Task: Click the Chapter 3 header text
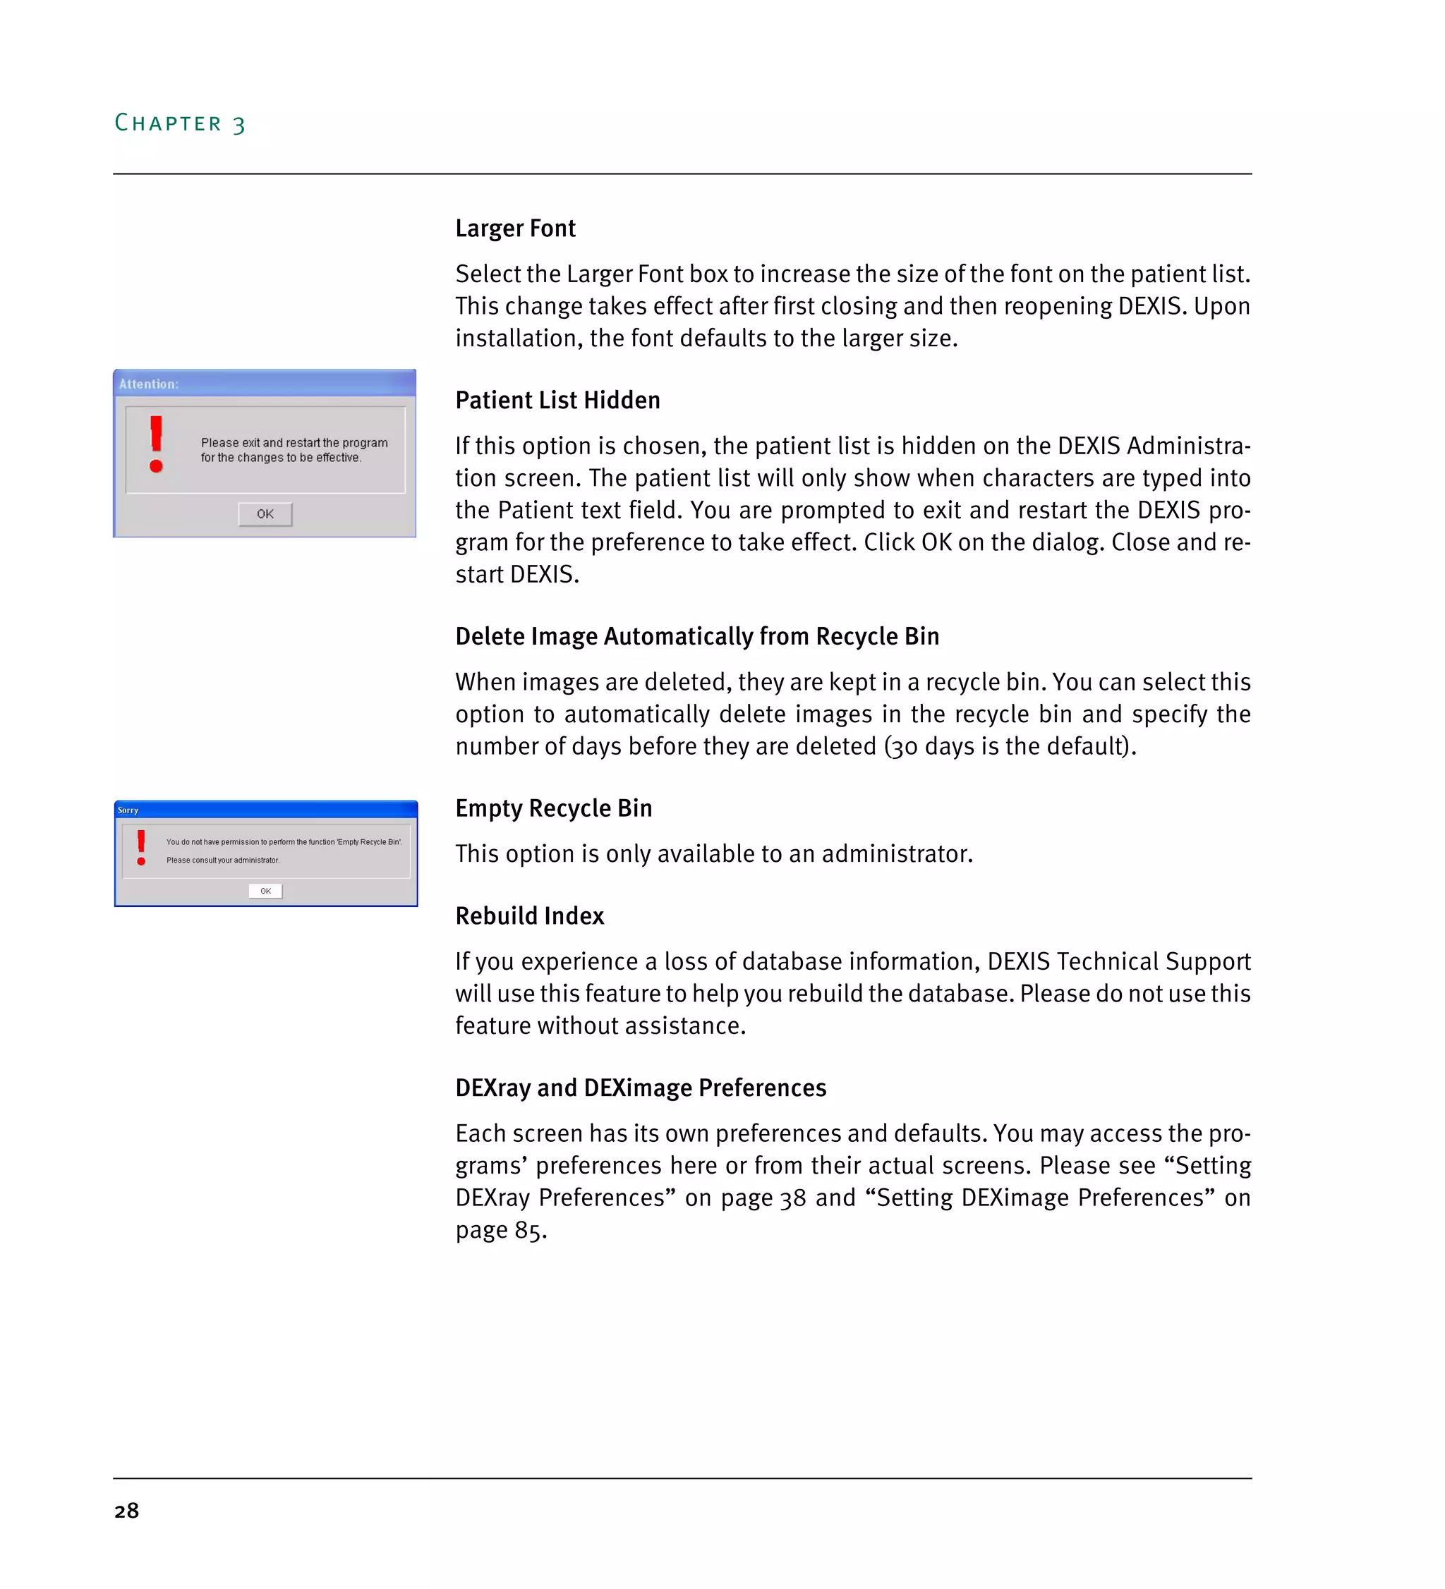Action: pos(180,123)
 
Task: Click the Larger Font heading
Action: pos(516,229)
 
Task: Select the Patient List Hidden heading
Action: pos(557,401)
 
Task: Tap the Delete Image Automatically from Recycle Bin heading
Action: pos(697,636)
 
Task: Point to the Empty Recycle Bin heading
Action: pos(553,808)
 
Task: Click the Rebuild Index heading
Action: pos(530,916)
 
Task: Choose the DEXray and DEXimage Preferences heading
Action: pos(640,1088)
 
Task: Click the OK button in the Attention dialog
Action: pos(265,514)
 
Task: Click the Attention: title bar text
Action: pos(149,384)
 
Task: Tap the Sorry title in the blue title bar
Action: pos(128,810)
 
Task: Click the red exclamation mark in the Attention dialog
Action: pos(156,444)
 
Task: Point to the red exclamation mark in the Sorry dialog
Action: pos(141,848)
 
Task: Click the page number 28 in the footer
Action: pos(126,1511)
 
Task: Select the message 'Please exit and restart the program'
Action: pos(294,443)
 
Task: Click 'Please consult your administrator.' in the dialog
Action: pos(222,860)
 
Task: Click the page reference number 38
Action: pos(792,1198)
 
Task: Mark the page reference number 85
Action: pos(528,1231)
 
